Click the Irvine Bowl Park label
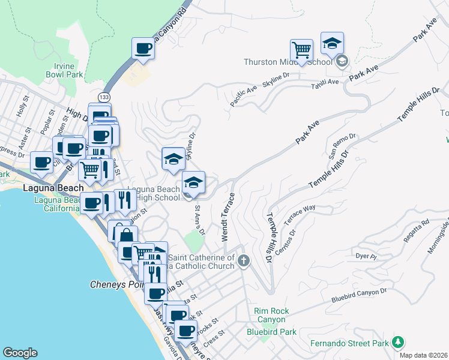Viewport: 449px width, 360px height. pos(64,70)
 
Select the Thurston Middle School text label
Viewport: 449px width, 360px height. pos(288,62)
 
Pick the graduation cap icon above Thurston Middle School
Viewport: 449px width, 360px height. pos(332,42)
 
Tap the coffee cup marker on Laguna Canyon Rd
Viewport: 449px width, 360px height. pos(143,48)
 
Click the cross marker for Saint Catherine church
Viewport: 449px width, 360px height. pos(243,260)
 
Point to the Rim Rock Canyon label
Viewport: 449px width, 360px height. pos(271,315)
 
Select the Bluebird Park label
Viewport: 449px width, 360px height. pos(271,331)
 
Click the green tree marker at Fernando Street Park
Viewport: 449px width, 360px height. pos(397,342)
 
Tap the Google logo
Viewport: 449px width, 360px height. pos(20,353)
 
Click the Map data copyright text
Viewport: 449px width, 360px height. pos(423,355)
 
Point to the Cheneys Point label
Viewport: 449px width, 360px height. pos(114,284)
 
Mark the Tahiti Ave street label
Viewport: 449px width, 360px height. pos(325,84)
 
